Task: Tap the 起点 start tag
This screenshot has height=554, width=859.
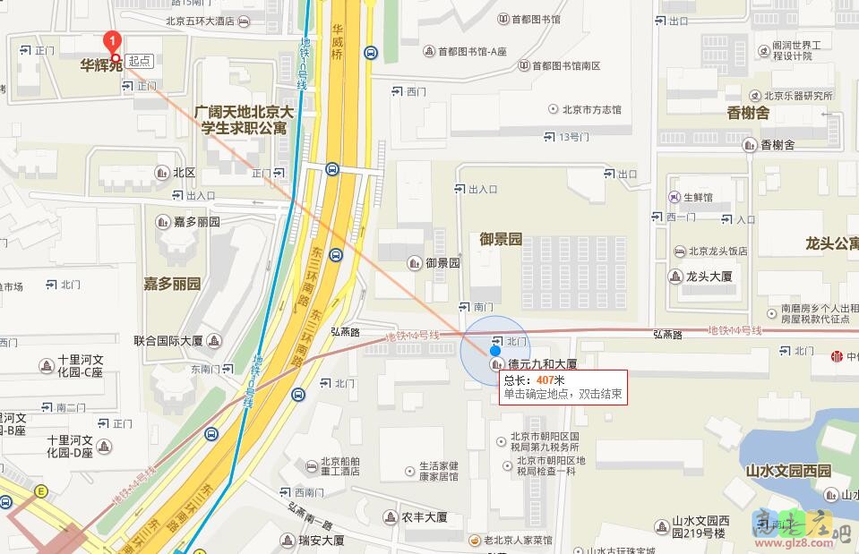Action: coord(140,61)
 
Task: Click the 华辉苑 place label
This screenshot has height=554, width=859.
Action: coord(101,64)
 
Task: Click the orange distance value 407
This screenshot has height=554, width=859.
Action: coord(546,380)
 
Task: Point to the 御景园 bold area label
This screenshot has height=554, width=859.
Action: coord(501,239)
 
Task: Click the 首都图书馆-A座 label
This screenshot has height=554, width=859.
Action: coord(472,52)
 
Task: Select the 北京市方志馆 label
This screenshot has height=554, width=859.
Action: coord(591,109)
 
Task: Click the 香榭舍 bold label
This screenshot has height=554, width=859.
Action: coord(748,113)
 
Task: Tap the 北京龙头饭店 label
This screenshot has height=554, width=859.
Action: coord(717,251)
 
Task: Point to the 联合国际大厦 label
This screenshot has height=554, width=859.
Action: coord(168,341)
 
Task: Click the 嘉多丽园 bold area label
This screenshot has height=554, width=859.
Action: coord(172,284)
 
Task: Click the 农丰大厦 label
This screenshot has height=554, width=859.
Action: coord(424,517)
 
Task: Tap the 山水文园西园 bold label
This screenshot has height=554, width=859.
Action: coord(788,471)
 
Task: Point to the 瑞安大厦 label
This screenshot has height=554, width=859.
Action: coord(322,541)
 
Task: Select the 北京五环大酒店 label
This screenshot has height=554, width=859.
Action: coord(200,21)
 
